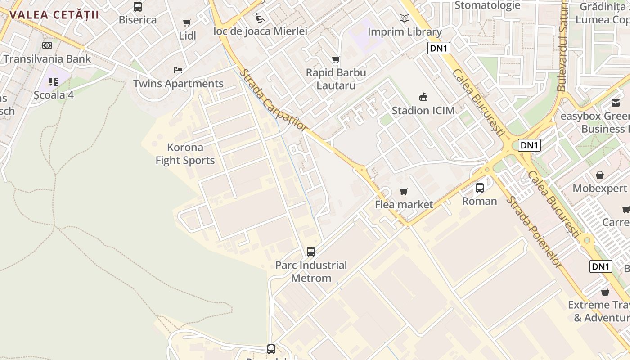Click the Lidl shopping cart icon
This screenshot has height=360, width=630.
pyautogui.click(x=187, y=23)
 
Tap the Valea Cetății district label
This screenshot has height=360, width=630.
pyautogui.click(x=54, y=14)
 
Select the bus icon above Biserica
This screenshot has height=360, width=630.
pyautogui.click(x=138, y=7)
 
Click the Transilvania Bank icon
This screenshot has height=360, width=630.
pyautogui.click(x=47, y=45)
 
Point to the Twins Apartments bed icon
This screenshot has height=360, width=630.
pyautogui.click(x=178, y=70)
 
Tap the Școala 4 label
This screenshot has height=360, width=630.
pyautogui.click(x=54, y=95)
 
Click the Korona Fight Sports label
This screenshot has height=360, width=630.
pyautogui.click(x=185, y=154)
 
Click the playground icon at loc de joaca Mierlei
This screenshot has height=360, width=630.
pyautogui.click(x=260, y=18)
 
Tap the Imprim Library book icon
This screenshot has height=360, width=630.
pyautogui.click(x=405, y=18)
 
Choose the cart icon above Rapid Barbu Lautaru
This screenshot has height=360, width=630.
pyautogui.click(x=336, y=59)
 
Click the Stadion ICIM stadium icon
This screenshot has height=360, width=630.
pyautogui.click(x=423, y=97)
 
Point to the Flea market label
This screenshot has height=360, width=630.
pyautogui.click(x=404, y=205)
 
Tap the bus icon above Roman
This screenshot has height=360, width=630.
pyautogui.click(x=480, y=188)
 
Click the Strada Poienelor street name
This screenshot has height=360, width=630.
pyautogui.click(x=534, y=231)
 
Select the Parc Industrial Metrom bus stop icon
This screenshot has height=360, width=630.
pyautogui.click(x=311, y=252)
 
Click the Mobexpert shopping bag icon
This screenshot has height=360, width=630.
pyautogui.click(x=599, y=175)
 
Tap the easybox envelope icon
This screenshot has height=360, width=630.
pyautogui.click(x=615, y=103)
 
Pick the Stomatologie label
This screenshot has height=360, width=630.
pyautogui.click(x=487, y=5)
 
